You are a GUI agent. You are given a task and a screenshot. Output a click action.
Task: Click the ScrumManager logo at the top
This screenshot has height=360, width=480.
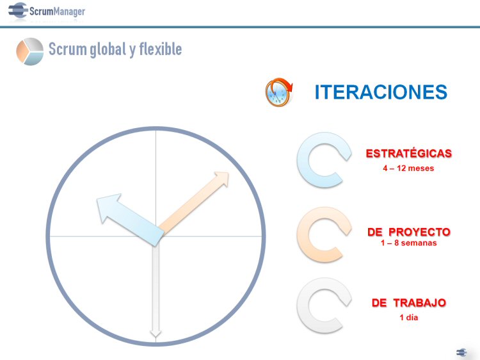(x=47, y=11)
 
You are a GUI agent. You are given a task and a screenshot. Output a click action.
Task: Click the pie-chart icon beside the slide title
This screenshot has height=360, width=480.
(x=29, y=51)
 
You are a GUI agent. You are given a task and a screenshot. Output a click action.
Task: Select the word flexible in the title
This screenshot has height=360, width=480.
(x=161, y=49)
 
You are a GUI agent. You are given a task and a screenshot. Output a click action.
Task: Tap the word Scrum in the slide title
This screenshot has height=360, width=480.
(x=67, y=49)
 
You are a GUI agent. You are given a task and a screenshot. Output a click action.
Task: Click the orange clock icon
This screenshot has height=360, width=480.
(x=278, y=92)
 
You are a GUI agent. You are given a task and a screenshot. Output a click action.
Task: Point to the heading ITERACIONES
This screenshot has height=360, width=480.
(x=381, y=92)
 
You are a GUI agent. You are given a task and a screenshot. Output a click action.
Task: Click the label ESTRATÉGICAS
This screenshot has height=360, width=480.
(x=409, y=153)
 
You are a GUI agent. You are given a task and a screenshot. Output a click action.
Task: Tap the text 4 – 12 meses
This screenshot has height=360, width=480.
(x=408, y=168)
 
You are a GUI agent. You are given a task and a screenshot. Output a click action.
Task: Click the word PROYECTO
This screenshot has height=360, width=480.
(x=419, y=232)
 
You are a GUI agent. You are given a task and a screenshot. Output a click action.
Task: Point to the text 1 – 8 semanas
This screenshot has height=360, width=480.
(x=409, y=243)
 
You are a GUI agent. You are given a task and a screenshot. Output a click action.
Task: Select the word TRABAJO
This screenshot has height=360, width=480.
(x=419, y=303)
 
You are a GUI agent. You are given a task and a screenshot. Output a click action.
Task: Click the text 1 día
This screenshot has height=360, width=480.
(x=409, y=318)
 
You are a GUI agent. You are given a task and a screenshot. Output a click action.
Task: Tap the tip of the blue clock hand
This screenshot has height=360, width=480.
(x=97, y=199)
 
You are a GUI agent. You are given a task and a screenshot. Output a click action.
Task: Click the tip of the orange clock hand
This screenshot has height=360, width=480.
(x=228, y=172)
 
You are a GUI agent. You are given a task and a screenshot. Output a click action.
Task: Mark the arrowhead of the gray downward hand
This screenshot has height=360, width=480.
(x=156, y=337)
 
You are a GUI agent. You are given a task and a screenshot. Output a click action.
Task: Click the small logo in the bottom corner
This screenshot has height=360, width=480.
(x=461, y=352)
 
